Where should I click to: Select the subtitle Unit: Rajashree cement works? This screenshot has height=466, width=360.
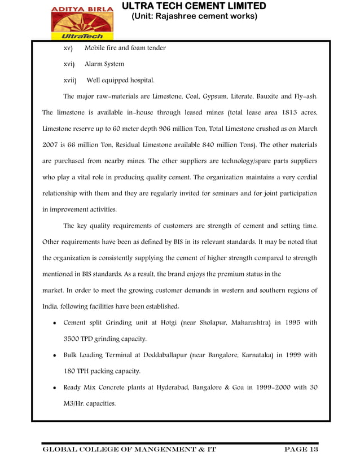tap(194, 16)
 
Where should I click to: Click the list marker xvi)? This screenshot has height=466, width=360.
tap(69, 64)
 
